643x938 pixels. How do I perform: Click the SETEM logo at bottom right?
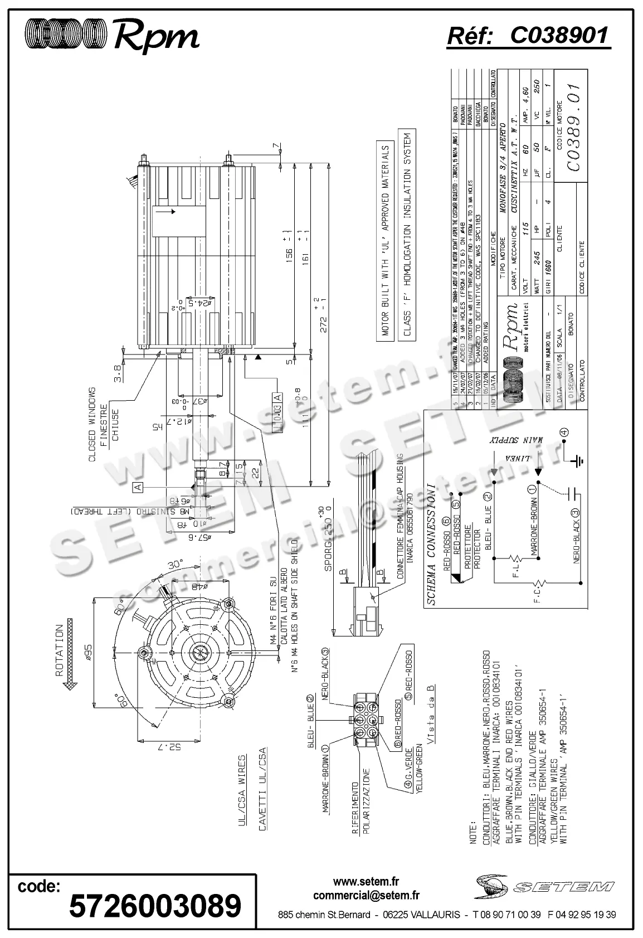pos(545,884)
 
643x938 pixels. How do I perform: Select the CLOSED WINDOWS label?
pos(92,424)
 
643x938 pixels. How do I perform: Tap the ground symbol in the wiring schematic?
pos(578,460)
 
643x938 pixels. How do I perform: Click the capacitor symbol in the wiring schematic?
pos(574,493)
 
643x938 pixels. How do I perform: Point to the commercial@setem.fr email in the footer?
pos(366,896)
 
